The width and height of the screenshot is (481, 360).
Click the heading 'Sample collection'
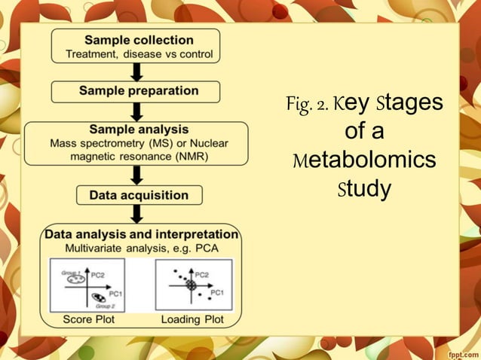point(136,38)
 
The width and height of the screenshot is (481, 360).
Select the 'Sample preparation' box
point(136,91)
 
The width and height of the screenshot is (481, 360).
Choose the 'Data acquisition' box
point(139,195)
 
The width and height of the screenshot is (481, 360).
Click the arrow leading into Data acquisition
point(136,175)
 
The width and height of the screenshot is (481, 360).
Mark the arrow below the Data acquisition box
point(138,214)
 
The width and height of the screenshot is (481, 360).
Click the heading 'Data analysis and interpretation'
point(142,234)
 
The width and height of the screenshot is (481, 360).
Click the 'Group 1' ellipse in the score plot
point(75,279)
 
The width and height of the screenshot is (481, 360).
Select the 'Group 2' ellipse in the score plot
point(99,300)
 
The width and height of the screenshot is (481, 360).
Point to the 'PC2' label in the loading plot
point(205,275)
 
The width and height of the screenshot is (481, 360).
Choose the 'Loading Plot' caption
point(194,319)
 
